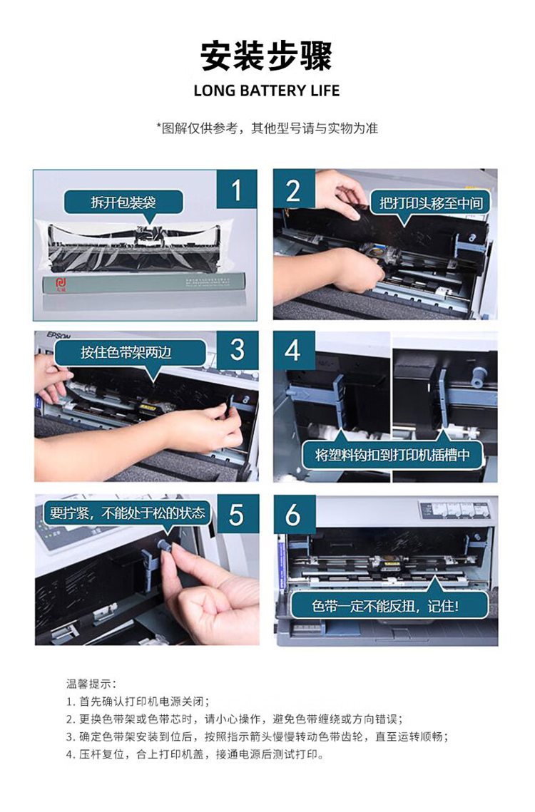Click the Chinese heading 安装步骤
(x=267, y=56)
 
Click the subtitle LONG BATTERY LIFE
(x=267, y=91)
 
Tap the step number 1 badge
(x=237, y=190)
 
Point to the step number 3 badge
(x=238, y=350)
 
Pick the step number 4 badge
(x=293, y=351)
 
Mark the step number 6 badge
(x=294, y=515)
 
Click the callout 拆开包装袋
(x=123, y=202)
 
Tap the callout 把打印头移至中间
(x=431, y=203)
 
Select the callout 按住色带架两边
(x=126, y=353)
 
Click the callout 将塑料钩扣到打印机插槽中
(x=392, y=455)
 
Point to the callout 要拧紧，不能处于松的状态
(x=128, y=513)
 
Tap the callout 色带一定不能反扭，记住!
(x=385, y=605)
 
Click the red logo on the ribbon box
(x=61, y=283)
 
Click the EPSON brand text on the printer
(x=59, y=335)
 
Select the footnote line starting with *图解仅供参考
(x=267, y=128)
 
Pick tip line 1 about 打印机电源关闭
(x=138, y=701)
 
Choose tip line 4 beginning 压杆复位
(x=195, y=754)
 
